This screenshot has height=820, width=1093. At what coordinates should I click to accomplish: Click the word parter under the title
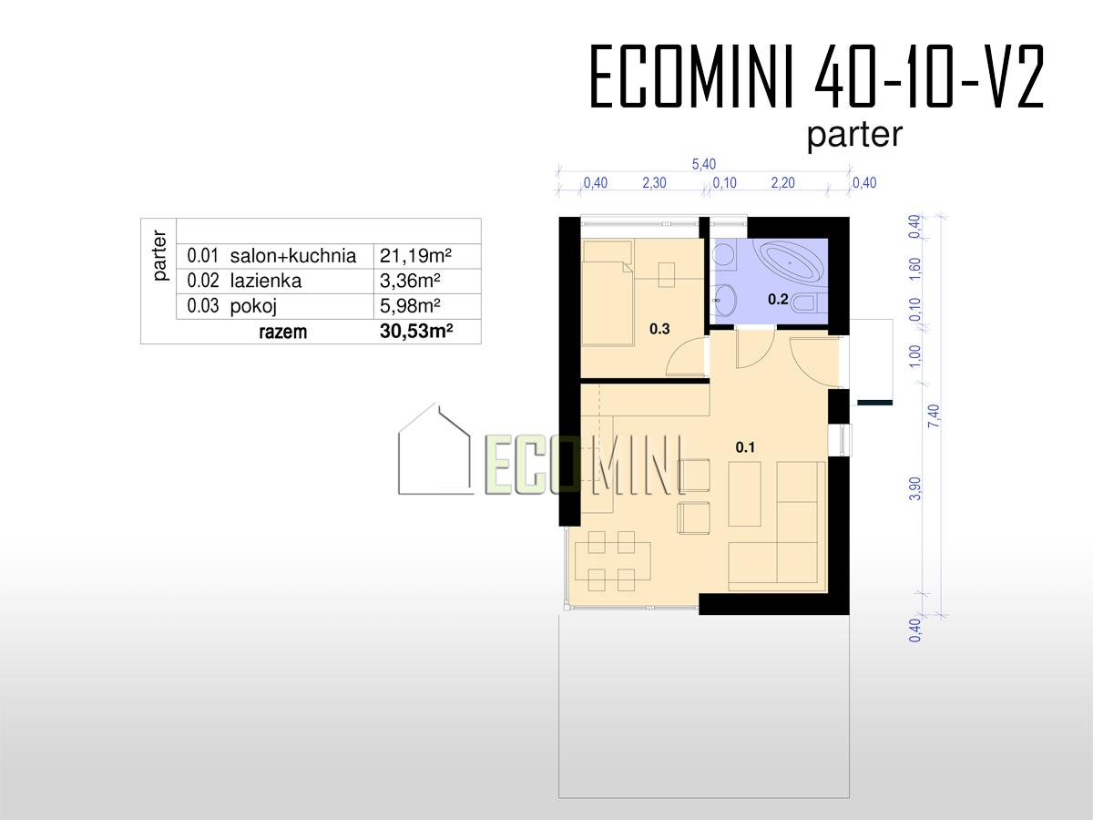(854, 135)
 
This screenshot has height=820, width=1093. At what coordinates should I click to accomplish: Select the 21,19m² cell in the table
(415, 256)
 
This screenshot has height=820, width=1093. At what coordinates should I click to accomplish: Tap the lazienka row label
(265, 282)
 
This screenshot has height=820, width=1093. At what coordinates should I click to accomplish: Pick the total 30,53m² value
(416, 331)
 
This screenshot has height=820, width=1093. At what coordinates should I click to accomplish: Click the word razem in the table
(283, 332)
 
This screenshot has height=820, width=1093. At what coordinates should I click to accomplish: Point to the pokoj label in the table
(253, 306)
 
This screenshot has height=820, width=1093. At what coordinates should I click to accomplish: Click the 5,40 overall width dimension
(703, 164)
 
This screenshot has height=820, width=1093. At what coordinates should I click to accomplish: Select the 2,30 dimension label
(654, 183)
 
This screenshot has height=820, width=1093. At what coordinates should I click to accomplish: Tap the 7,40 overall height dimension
(935, 415)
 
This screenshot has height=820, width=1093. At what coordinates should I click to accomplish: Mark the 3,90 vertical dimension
(915, 488)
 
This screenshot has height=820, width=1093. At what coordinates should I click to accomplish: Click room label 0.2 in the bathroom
(778, 299)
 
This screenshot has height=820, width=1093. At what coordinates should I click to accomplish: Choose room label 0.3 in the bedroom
(659, 329)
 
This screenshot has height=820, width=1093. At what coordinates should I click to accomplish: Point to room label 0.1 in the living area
(745, 447)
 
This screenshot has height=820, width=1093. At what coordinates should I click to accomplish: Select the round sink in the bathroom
(724, 300)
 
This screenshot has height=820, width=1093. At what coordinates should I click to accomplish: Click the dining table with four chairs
(612, 561)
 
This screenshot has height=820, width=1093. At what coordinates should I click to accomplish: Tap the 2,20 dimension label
(782, 183)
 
